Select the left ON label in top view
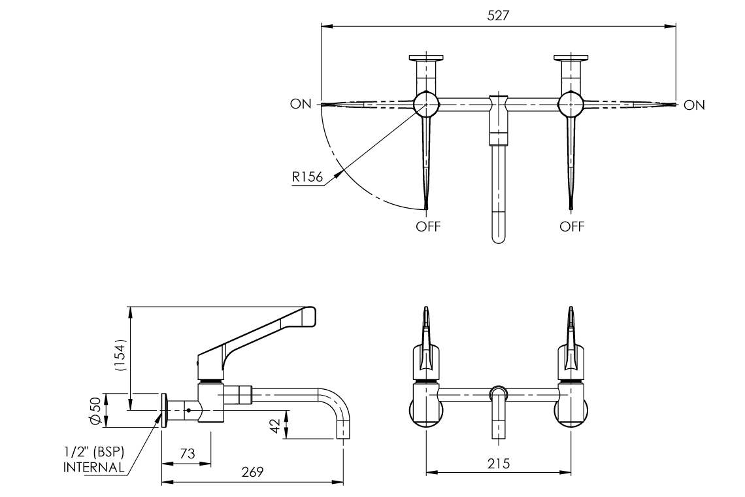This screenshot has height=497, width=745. [301, 105]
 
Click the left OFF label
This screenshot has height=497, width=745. [429, 226]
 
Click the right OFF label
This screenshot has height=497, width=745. [572, 226]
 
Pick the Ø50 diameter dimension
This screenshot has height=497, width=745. [96, 411]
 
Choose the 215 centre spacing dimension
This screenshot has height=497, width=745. [498, 463]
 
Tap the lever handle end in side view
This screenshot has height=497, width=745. [307, 316]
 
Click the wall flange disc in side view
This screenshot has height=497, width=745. [165, 411]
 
